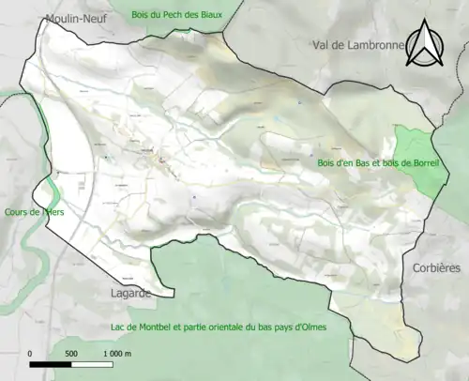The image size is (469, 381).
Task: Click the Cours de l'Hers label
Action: pyautogui.click(x=33, y=212)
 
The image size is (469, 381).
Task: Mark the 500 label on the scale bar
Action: pyautogui.click(x=71, y=353)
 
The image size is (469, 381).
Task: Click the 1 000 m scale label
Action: pyautogui.click(x=119, y=353)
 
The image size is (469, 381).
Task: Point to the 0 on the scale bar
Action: pyautogui.click(x=30, y=353)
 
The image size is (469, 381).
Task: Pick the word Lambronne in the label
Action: pyautogui.click(x=372, y=44)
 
